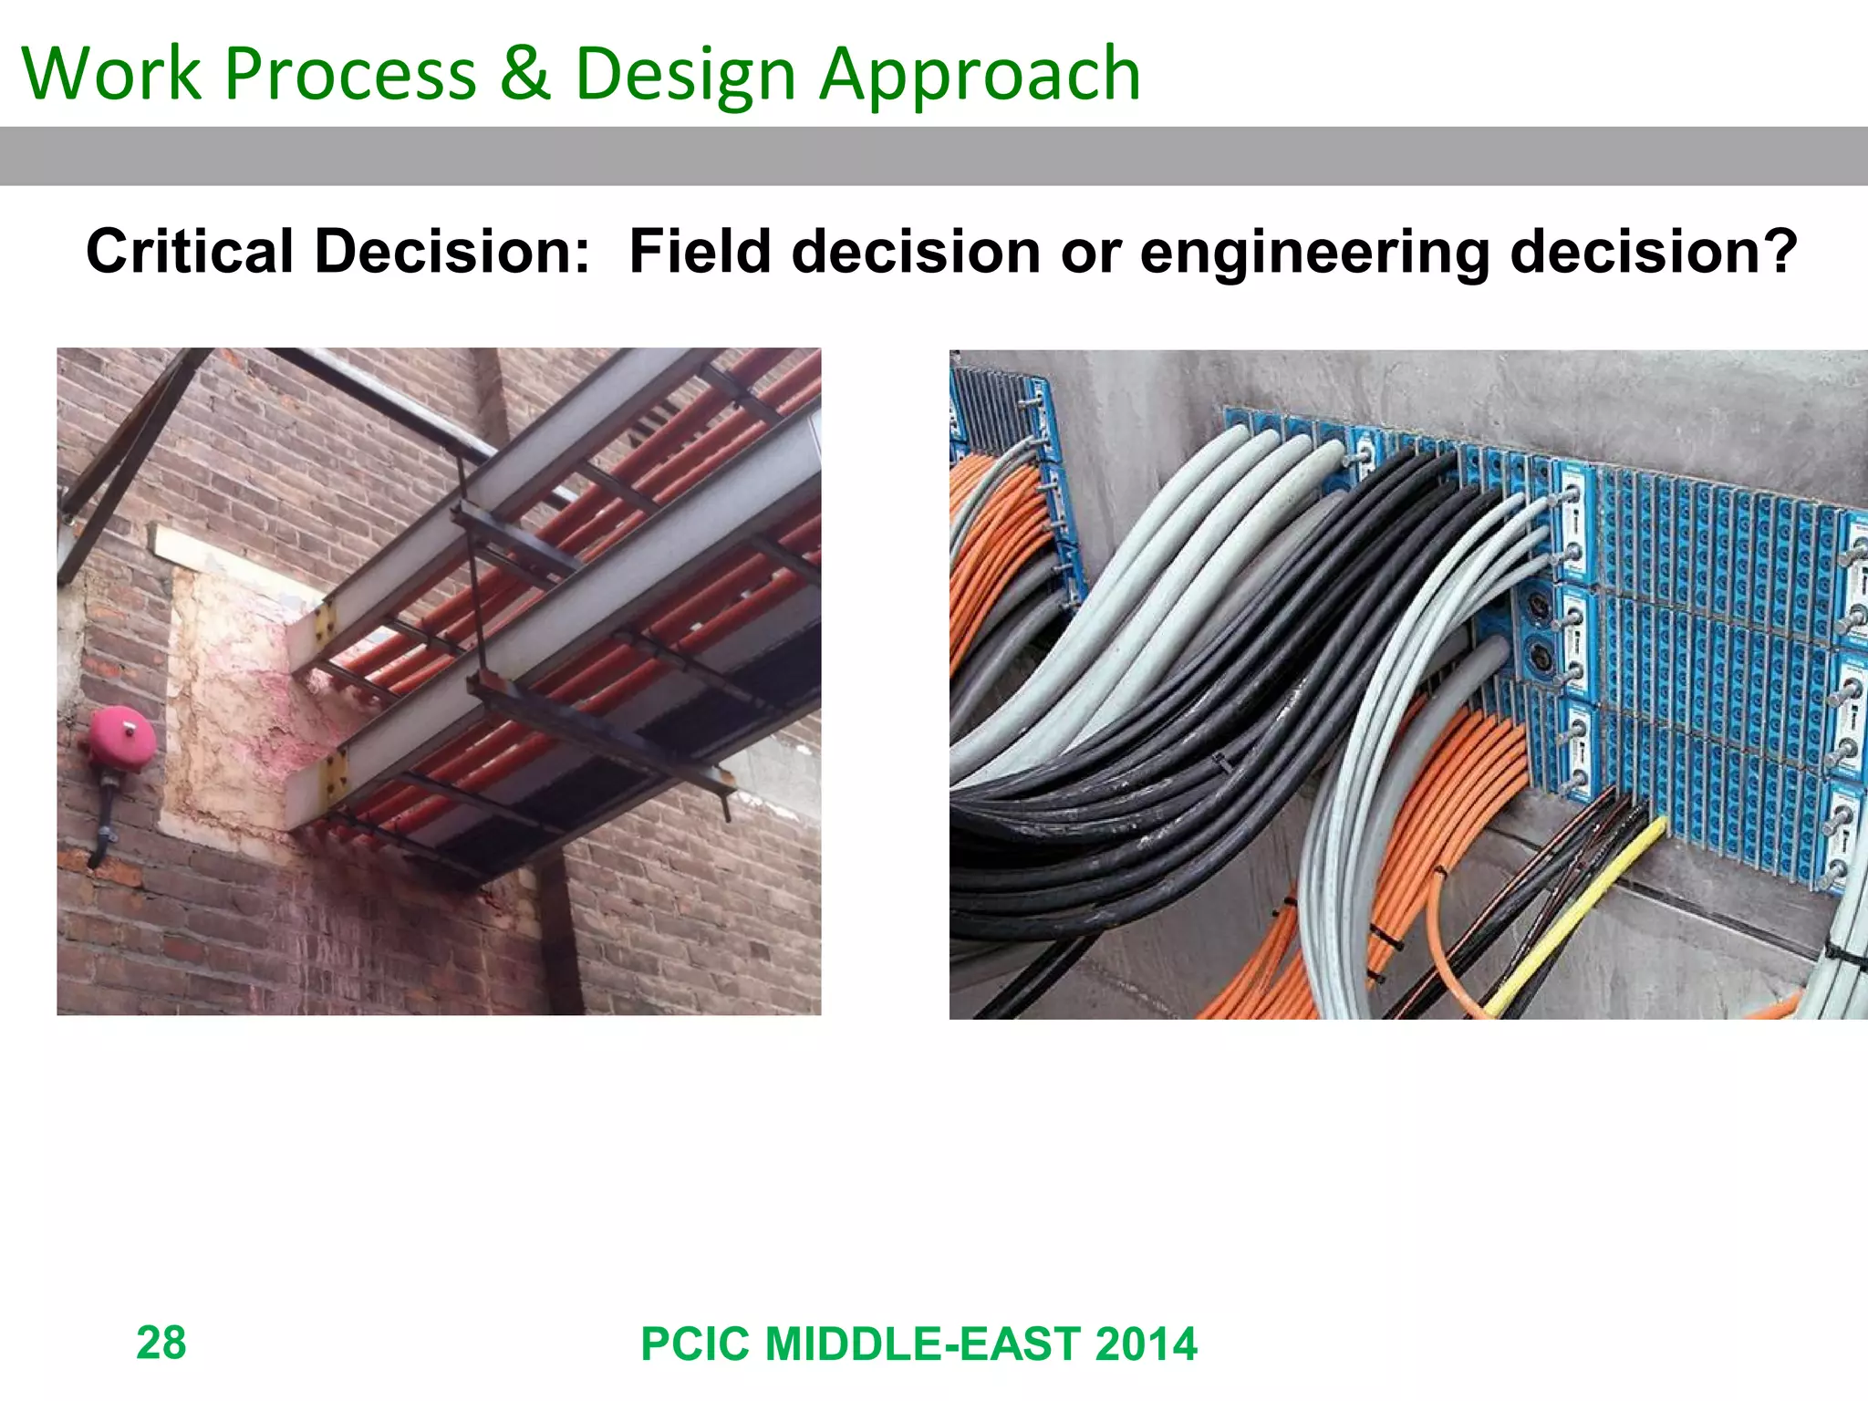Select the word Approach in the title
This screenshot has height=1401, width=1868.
point(980,75)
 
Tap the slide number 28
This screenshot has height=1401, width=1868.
point(161,1343)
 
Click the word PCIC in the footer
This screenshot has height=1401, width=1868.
point(695,1344)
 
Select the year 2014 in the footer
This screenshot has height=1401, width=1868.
point(1146,1344)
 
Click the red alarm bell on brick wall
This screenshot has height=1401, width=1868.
point(119,739)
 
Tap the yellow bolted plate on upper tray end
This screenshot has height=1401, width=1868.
point(325,623)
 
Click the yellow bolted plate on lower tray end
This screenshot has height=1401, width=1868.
point(335,776)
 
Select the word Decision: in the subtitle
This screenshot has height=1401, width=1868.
point(452,251)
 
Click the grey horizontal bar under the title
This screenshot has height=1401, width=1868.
point(934,156)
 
